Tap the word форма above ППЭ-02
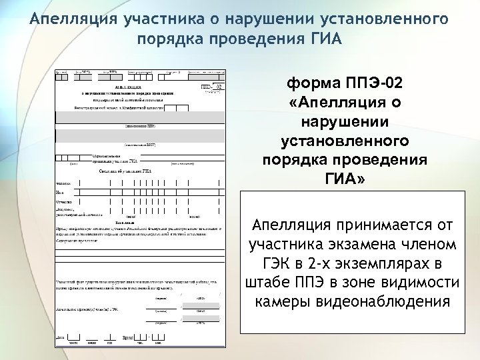pyautogui.click(x=313, y=85)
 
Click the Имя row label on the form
pyautogui.click(x=59, y=193)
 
